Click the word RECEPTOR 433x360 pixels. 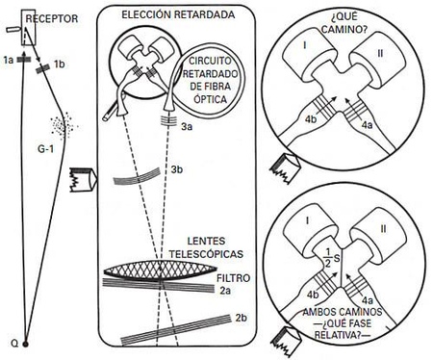(52, 18)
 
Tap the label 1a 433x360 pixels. (9, 60)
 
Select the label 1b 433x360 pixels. (60, 64)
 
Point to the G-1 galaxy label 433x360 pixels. (45, 149)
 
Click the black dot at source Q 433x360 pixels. (25, 345)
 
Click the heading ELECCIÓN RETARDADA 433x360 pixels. (178, 14)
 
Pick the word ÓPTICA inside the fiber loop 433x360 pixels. (210, 99)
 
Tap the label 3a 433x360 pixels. (187, 127)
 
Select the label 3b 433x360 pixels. (177, 169)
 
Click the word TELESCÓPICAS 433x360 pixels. (206, 254)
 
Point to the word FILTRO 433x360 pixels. (233, 278)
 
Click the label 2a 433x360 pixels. (225, 291)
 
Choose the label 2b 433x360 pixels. (242, 318)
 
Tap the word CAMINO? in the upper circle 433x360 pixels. (344, 30)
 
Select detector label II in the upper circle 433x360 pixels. (380, 53)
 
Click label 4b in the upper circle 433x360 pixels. (311, 119)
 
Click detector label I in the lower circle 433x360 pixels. (308, 220)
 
